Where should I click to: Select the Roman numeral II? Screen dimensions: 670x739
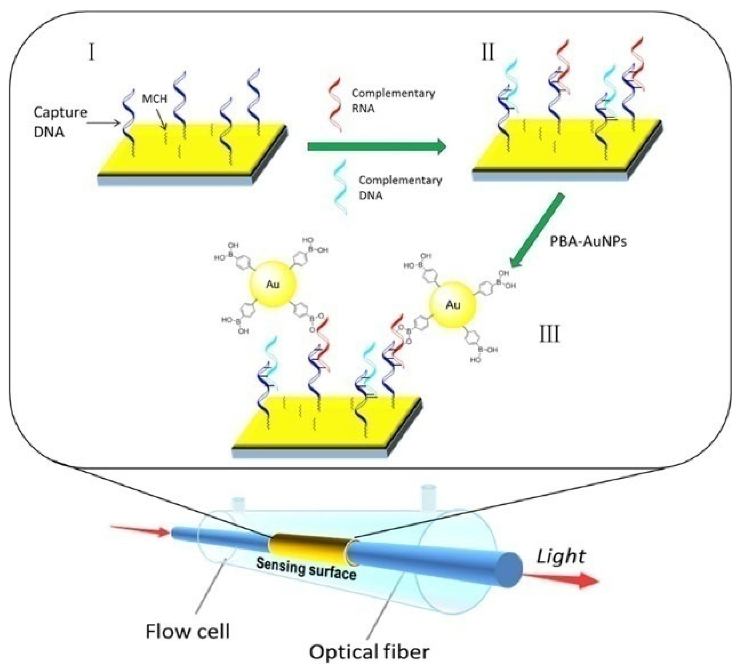488,52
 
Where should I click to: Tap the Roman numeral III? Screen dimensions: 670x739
549,334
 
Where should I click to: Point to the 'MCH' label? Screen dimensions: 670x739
154,98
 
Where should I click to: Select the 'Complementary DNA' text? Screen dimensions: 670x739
400,188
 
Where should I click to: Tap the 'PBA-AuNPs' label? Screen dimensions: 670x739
588,241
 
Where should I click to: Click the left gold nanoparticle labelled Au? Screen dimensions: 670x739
272,284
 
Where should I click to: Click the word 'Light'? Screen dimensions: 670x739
560,556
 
